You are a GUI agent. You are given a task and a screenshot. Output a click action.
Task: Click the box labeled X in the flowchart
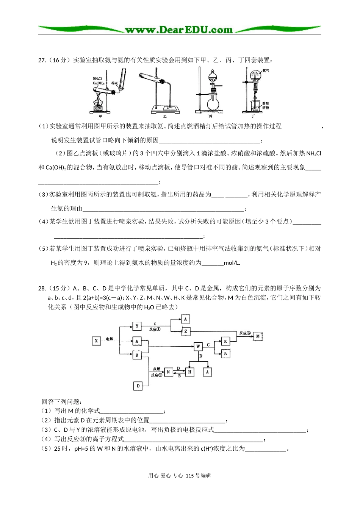96,341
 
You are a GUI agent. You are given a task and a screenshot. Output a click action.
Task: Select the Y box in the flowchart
137,326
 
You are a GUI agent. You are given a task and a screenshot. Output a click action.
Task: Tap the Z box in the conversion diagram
185,331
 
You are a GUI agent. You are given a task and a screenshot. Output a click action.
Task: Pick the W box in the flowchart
198,346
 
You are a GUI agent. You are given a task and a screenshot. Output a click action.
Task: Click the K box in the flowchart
225,341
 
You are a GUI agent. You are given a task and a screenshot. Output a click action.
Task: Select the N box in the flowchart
169,372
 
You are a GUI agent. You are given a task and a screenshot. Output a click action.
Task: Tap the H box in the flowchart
189,372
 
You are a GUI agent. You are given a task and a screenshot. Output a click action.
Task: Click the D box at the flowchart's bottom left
138,386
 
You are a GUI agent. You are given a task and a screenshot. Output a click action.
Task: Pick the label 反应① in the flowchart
155,329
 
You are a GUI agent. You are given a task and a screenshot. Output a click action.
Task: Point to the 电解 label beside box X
109,339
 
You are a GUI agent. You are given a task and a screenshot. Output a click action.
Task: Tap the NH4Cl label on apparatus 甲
98,79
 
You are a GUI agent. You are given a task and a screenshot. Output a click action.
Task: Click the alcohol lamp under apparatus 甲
100,104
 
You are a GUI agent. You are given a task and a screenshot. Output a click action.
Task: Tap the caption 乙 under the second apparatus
165,116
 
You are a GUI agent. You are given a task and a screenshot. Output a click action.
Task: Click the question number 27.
42,60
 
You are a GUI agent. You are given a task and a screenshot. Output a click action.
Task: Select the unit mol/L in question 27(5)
232,263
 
